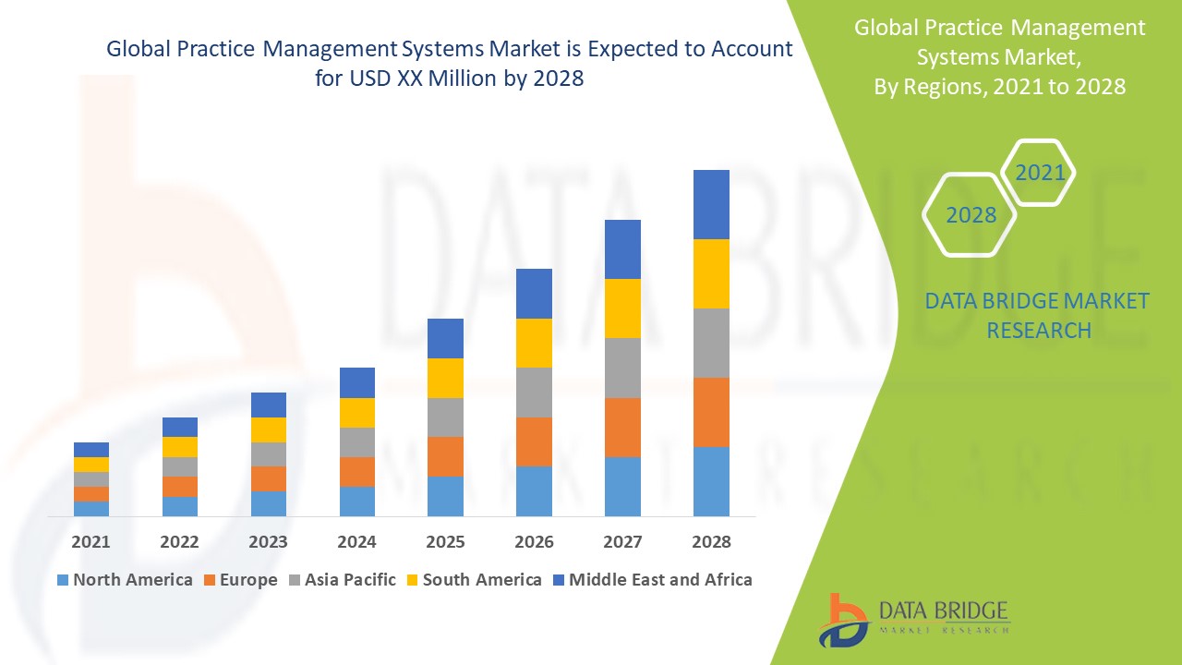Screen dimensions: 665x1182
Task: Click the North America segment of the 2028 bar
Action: pyautogui.click(x=711, y=481)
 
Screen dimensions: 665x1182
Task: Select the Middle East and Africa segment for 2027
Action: pyautogui.click(x=622, y=249)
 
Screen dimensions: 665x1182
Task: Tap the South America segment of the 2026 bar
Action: pyautogui.click(x=534, y=343)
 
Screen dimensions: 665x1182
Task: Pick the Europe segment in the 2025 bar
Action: pyautogui.click(x=445, y=456)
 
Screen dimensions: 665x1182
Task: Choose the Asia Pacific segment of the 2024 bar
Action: pyautogui.click(x=357, y=441)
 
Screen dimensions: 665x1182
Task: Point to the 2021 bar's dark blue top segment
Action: pyautogui.click(x=91, y=450)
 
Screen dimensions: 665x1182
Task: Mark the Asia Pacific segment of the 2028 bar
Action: pyautogui.click(x=711, y=343)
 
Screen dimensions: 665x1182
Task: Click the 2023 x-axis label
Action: pyautogui.click(x=268, y=542)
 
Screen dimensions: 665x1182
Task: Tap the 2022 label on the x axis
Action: pyautogui.click(x=179, y=542)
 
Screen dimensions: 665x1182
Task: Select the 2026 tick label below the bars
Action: pyautogui.click(x=534, y=542)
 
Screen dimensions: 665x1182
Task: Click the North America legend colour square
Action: pyautogui.click(x=63, y=581)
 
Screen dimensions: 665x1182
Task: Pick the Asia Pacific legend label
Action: pyautogui.click(x=350, y=580)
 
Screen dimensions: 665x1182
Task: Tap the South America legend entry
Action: pyautogui.click(x=481, y=580)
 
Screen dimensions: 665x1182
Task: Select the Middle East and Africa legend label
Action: pyautogui.click(x=660, y=580)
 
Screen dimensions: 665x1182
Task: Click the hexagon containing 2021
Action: pyautogui.click(x=1039, y=173)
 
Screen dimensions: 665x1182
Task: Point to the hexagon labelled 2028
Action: pyautogui.click(x=971, y=215)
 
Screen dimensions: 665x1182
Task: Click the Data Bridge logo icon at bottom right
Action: pyautogui.click(x=842, y=619)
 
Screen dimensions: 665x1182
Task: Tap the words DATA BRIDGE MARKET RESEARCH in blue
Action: pyautogui.click(x=1038, y=315)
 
